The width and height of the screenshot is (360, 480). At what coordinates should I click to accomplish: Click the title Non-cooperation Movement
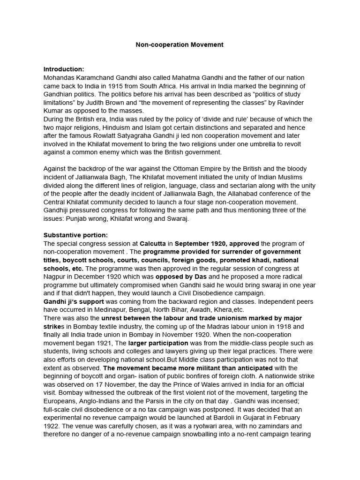[x=180, y=45]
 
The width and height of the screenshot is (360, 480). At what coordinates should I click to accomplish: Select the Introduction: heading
[x=64, y=69]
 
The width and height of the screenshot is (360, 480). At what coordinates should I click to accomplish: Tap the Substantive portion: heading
[x=75, y=235]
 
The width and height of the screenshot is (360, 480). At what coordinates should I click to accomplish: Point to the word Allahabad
[x=257, y=194]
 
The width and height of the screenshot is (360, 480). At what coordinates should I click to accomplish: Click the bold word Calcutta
[x=153, y=243]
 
